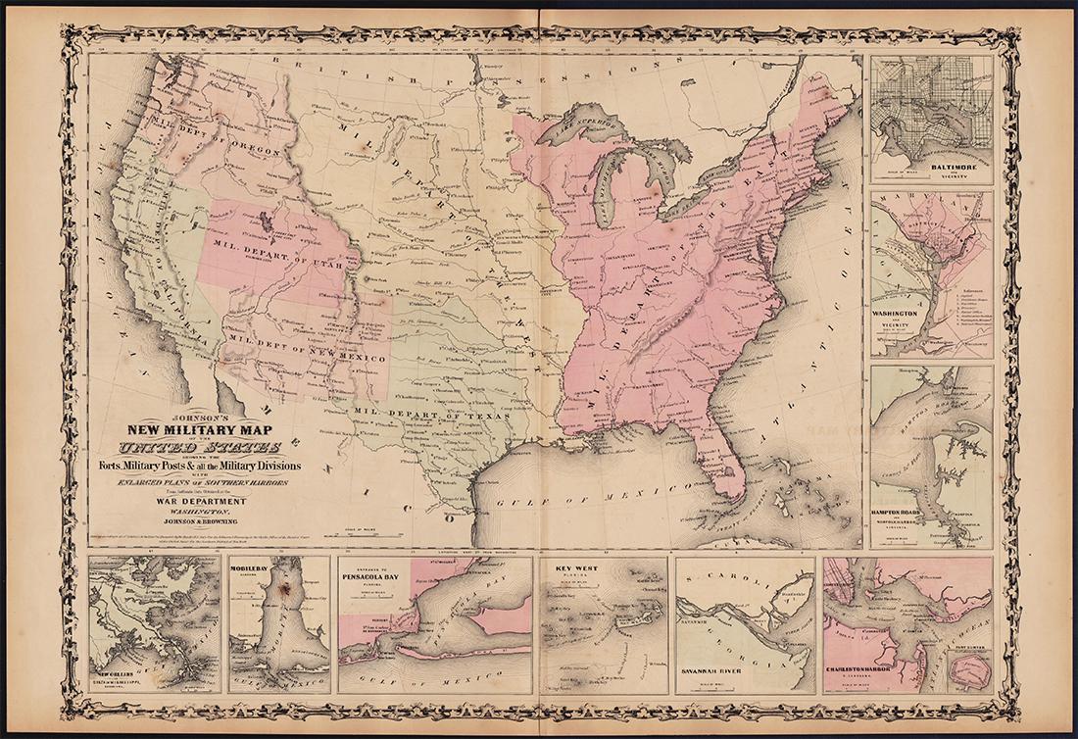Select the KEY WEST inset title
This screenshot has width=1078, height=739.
[x=576, y=568]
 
